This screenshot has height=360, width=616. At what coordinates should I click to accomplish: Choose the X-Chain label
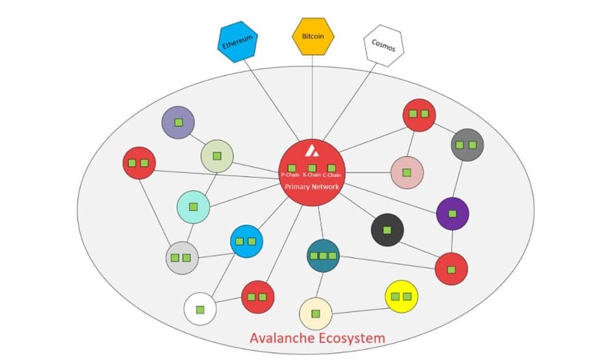tap(311, 175)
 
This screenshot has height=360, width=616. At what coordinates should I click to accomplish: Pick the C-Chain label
tap(333, 175)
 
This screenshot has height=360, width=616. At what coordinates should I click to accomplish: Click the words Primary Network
tap(312, 186)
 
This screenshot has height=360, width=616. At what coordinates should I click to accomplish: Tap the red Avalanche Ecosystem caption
tap(317, 338)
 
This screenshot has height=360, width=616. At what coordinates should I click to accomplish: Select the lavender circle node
tap(178, 123)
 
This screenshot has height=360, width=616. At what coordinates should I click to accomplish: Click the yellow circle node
tap(402, 296)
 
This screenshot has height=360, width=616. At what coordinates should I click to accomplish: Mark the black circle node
tap(387, 230)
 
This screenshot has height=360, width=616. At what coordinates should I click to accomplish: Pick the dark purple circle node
tap(452, 214)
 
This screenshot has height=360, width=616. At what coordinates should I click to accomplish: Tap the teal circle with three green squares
tap(323, 255)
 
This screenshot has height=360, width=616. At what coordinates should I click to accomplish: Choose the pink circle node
tap(407, 172)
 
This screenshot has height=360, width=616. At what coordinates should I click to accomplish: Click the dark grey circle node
tap(467, 145)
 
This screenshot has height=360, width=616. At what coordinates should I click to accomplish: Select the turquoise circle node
tap(193, 207)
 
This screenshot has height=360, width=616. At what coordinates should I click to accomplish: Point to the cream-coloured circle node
tap(316, 314)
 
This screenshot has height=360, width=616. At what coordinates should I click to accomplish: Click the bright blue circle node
tap(246, 241)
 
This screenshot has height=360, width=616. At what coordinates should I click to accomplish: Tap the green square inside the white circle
tap(200, 309)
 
